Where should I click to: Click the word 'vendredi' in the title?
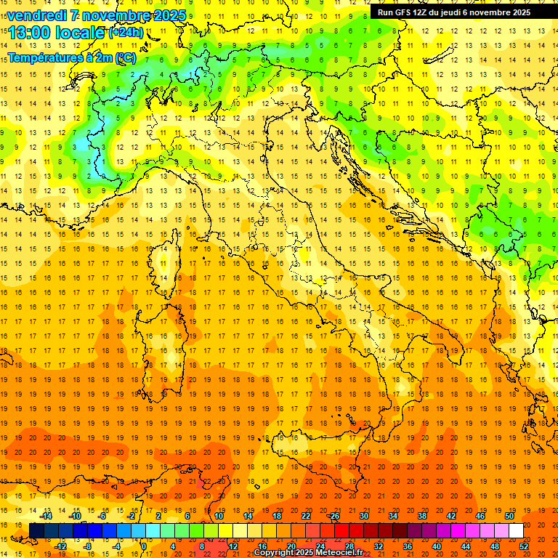tap(36, 15)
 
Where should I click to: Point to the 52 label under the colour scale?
tap(524, 546)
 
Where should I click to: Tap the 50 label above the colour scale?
tap(509, 516)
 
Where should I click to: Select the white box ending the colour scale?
tap(516, 530)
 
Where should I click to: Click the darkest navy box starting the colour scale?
tap(36, 530)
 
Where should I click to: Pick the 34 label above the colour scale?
tap(393, 516)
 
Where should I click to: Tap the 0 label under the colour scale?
tap(144, 546)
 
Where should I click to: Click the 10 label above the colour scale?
tap(219, 516)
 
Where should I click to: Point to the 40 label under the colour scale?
tap(437, 546)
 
